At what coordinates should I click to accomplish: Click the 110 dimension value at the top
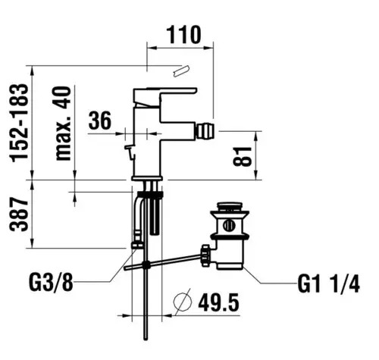point(183,35)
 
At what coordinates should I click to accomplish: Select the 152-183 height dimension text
point(19,123)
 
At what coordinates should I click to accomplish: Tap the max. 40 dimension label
point(64,124)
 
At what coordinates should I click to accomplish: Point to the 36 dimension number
point(100,121)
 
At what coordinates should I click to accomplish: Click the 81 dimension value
point(243,156)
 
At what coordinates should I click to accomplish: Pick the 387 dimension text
point(19,214)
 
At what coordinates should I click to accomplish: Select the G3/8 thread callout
point(52,283)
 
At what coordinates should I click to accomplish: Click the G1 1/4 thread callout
point(328,284)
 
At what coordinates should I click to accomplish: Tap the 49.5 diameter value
point(218,303)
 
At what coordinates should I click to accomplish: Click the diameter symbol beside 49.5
point(183,302)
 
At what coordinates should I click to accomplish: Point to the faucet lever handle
point(165,97)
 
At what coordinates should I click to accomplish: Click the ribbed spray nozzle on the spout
point(205,131)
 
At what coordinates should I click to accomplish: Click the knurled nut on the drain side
point(205,255)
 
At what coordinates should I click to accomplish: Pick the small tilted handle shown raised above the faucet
point(181,71)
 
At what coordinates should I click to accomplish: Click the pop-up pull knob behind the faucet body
point(129,152)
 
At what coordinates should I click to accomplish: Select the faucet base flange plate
point(147,178)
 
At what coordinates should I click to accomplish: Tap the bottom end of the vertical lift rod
point(146,339)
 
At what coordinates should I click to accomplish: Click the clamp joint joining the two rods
point(146,265)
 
